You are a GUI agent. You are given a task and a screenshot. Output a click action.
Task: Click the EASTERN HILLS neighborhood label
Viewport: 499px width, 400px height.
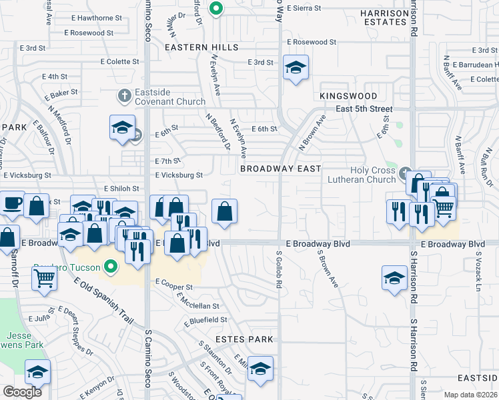(201, 47)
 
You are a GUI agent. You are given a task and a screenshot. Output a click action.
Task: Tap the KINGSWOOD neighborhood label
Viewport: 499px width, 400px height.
(344, 96)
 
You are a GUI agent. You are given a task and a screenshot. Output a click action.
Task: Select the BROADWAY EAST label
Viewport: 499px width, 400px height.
(281, 169)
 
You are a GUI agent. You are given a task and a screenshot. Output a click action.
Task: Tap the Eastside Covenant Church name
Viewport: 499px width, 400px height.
(163, 97)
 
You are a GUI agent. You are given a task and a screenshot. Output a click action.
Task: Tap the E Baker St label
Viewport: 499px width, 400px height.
(62, 92)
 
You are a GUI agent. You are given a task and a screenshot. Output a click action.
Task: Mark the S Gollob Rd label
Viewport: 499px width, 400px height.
(279, 269)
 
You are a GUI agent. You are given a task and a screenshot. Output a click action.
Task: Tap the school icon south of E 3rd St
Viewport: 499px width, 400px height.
(296, 67)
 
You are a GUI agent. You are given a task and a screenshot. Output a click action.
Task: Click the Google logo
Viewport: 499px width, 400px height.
(22, 392)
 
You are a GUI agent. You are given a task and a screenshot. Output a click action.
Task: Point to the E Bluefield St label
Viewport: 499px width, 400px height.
(207, 320)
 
